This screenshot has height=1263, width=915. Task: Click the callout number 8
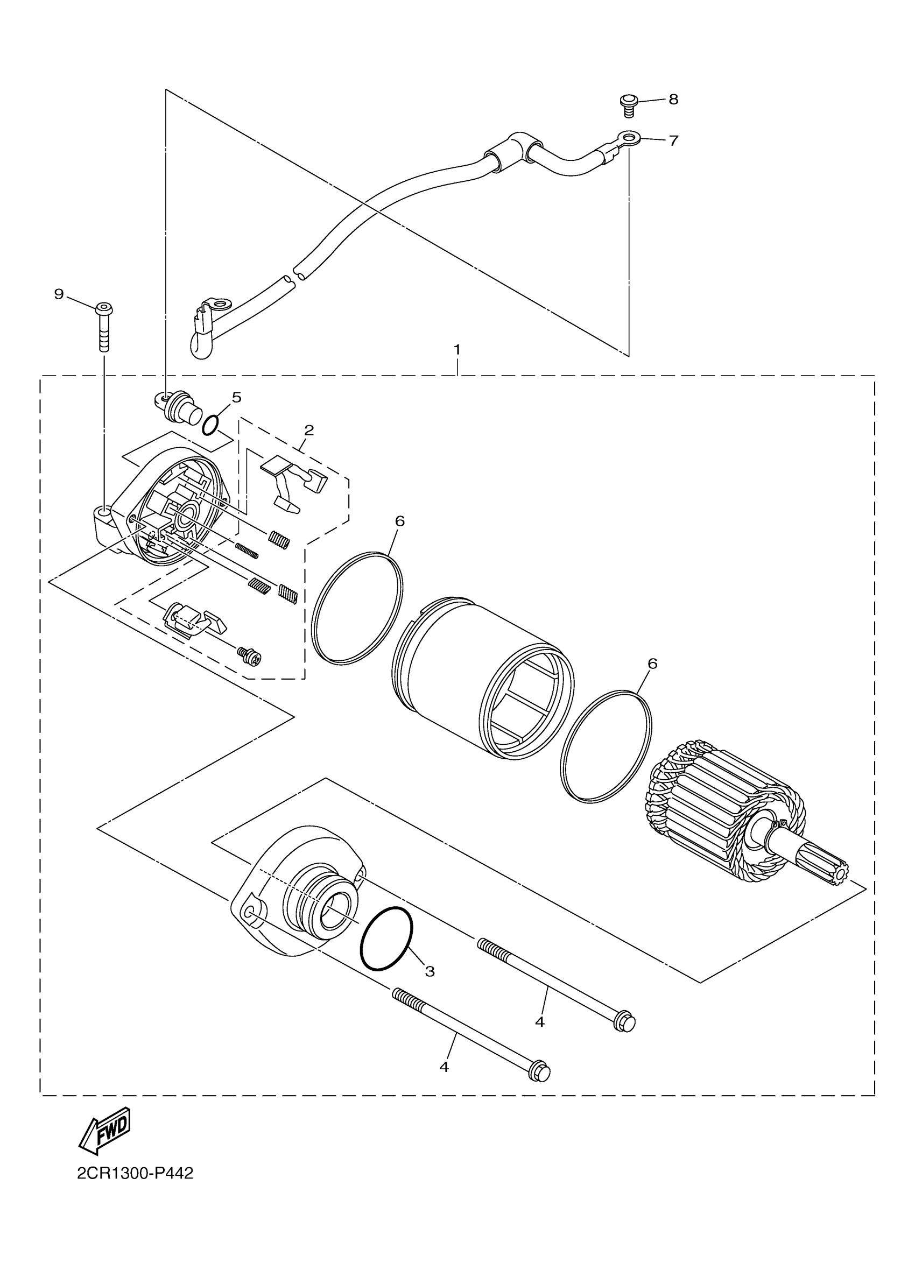click(673, 100)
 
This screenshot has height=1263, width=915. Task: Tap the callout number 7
click(673, 140)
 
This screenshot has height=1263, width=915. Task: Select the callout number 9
click(59, 294)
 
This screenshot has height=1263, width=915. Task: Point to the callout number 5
click(237, 397)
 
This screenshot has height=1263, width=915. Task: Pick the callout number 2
click(309, 430)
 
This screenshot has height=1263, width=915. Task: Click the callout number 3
click(430, 972)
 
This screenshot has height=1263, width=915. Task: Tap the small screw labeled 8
click(628, 105)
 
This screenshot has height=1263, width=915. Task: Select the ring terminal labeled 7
click(628, 137)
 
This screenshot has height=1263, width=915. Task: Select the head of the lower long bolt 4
click(540, 1073)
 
